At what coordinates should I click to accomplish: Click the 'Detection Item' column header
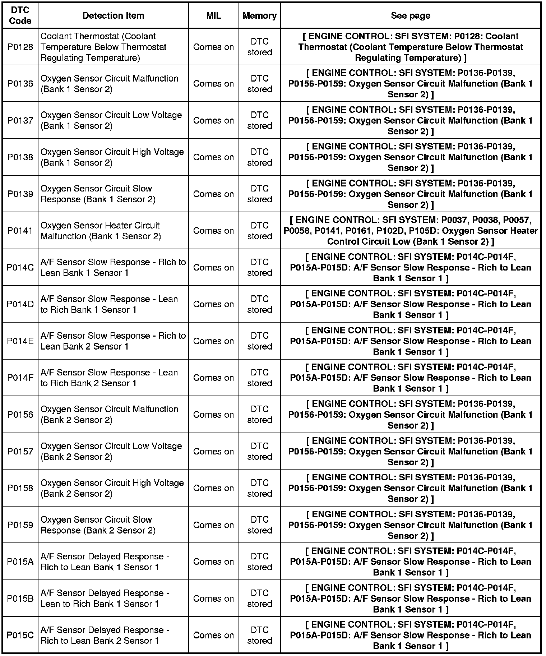point(113,15)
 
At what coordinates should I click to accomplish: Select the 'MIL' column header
point(214,15)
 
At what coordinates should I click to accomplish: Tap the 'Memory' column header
point(259,15)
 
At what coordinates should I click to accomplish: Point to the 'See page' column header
point(410,15)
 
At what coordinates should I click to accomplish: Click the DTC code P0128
point(20,47)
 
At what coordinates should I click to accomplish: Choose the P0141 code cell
point(20,231)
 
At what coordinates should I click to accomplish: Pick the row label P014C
point(20,268)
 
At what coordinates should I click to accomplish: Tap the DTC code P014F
point(20,378)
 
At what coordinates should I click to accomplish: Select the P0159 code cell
point(20,525)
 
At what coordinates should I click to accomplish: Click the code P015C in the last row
point(20,635)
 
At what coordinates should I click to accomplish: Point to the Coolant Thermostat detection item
point(103,47)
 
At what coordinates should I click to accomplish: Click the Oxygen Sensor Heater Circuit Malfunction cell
point(101,231)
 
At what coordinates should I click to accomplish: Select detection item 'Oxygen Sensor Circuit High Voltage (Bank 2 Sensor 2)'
point(112,488)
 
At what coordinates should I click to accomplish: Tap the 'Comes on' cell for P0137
point(213,120)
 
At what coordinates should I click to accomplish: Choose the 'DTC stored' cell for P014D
point(259,304)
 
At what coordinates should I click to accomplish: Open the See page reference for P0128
point(410,47)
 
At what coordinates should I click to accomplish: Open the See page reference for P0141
point(410,231)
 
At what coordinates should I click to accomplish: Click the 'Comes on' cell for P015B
point(213,599)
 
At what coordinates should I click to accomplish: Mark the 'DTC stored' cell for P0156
point(259,415)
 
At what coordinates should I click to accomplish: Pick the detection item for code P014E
point(113,341)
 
